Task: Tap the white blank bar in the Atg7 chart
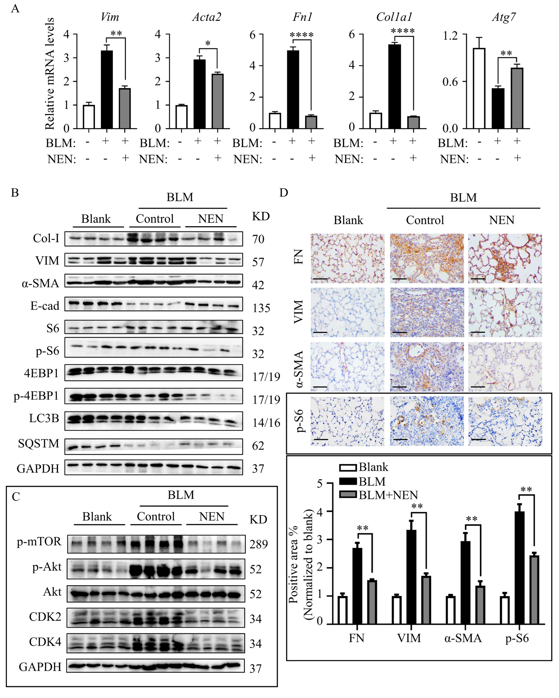click(479, 88)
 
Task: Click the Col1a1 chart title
click(394, 17)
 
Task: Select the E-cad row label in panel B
click(45, 306)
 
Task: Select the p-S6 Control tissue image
click(427, 421)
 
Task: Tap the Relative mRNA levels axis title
click(50, 74)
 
